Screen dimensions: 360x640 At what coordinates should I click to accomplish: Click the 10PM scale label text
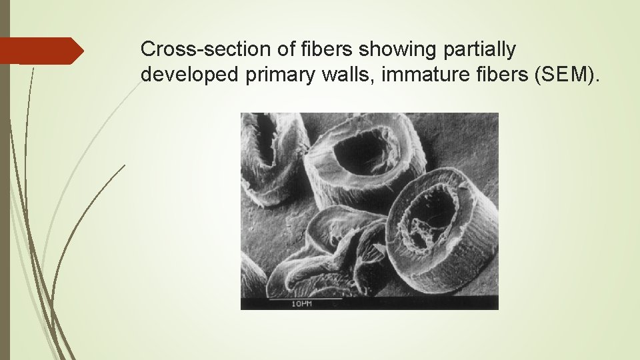tap(301, 304)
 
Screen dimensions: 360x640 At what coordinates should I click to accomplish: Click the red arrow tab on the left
tap(41, 51)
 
